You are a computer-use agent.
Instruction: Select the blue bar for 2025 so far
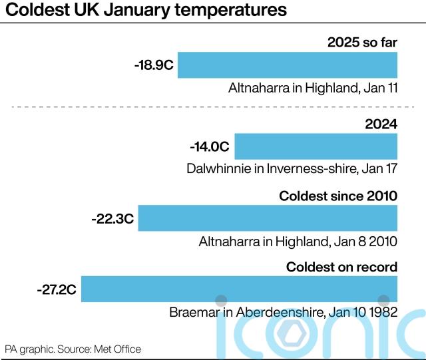[287, 65]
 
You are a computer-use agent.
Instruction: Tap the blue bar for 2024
[316, 146]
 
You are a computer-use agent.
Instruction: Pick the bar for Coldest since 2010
[267, 218]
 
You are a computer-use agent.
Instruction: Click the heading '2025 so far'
[362, 43]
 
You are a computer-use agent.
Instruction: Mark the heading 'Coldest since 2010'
[338, 196]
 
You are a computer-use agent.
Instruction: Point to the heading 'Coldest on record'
[341, 267]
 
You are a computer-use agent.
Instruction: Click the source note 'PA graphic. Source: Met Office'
[73, 349]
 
